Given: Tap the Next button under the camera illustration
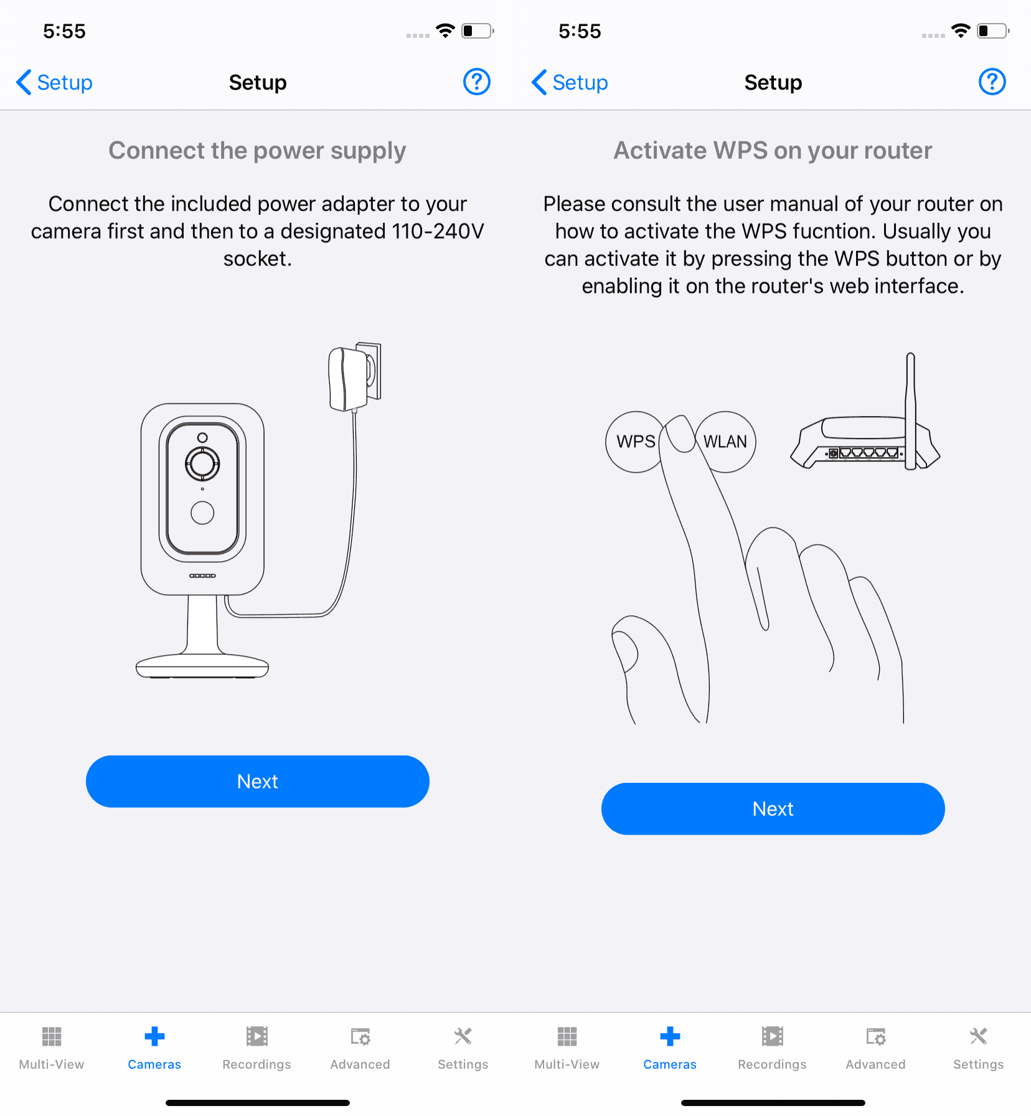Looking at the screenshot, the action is click(257, 781).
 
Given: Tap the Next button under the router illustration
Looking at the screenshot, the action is click(773, 808).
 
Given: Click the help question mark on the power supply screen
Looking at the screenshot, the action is click(477, 82).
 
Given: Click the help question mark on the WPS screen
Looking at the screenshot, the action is click(992, 82).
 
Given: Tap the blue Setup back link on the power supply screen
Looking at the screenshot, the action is click(55, 82).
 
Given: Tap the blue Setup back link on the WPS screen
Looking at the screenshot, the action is click(570, 82).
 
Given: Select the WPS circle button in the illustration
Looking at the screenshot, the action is click(634, 442).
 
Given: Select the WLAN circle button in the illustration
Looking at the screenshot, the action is click(726, 442).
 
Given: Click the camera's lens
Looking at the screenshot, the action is click(202, 463).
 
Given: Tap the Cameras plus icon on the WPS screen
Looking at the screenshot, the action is click(670, 1037).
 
